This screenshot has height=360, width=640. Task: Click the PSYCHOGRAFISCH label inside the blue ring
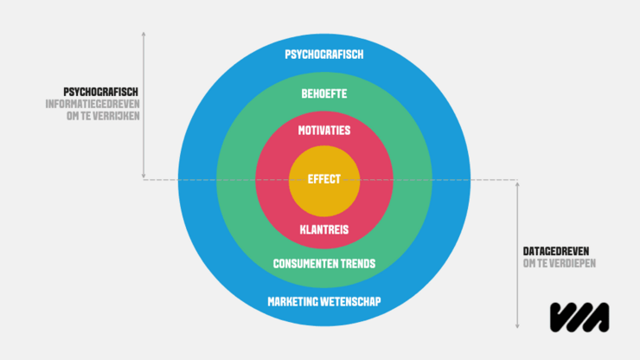(323, 55)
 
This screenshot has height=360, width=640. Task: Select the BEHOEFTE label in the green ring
(323, 93)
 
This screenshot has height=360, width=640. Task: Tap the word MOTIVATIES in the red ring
(323, 131)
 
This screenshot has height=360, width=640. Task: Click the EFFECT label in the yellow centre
(323, 180)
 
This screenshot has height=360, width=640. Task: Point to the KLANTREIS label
(323, 229)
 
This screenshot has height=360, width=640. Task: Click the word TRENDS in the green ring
(358, 263)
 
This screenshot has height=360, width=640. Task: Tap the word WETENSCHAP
(353, 301)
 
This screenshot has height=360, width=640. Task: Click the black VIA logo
(579, 316)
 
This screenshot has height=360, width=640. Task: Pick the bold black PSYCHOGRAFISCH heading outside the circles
(101, 92)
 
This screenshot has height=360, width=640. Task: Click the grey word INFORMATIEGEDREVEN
(93, 104)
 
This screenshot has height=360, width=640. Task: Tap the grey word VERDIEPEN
(572, 263)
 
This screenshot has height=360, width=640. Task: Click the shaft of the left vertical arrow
(144, 112)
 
